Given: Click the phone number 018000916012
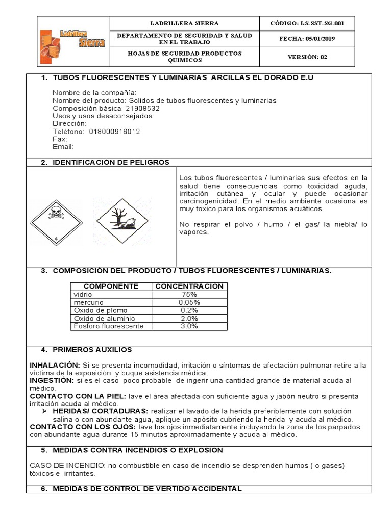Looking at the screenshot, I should coord(114,132).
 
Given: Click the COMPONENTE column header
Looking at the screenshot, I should coord(111,286).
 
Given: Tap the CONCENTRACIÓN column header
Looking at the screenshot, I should coord(189,286).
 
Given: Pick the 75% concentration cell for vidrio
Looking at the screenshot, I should coord(189,295).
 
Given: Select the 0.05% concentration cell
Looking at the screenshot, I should coord(189,303).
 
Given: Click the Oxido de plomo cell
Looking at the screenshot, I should coord(101,310).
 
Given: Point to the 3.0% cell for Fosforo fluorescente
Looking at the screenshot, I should coord(189,326).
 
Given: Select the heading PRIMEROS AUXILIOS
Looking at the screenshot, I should coord(92,350).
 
